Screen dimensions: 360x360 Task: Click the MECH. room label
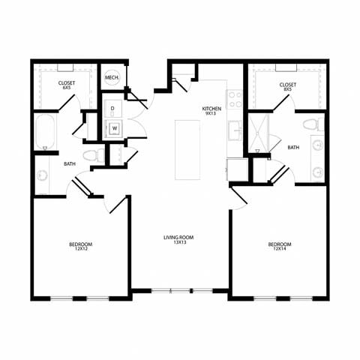112,78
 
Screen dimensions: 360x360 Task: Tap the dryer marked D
112,109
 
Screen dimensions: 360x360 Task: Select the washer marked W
115,128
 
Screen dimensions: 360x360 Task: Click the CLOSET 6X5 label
66,85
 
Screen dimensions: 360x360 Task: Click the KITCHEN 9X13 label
211,112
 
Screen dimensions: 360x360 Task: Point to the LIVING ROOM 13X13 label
178,240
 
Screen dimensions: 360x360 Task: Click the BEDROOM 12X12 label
80,246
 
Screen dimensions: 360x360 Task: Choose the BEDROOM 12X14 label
280,246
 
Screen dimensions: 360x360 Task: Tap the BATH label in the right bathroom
292,148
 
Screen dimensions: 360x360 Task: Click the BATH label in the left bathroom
69,164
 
